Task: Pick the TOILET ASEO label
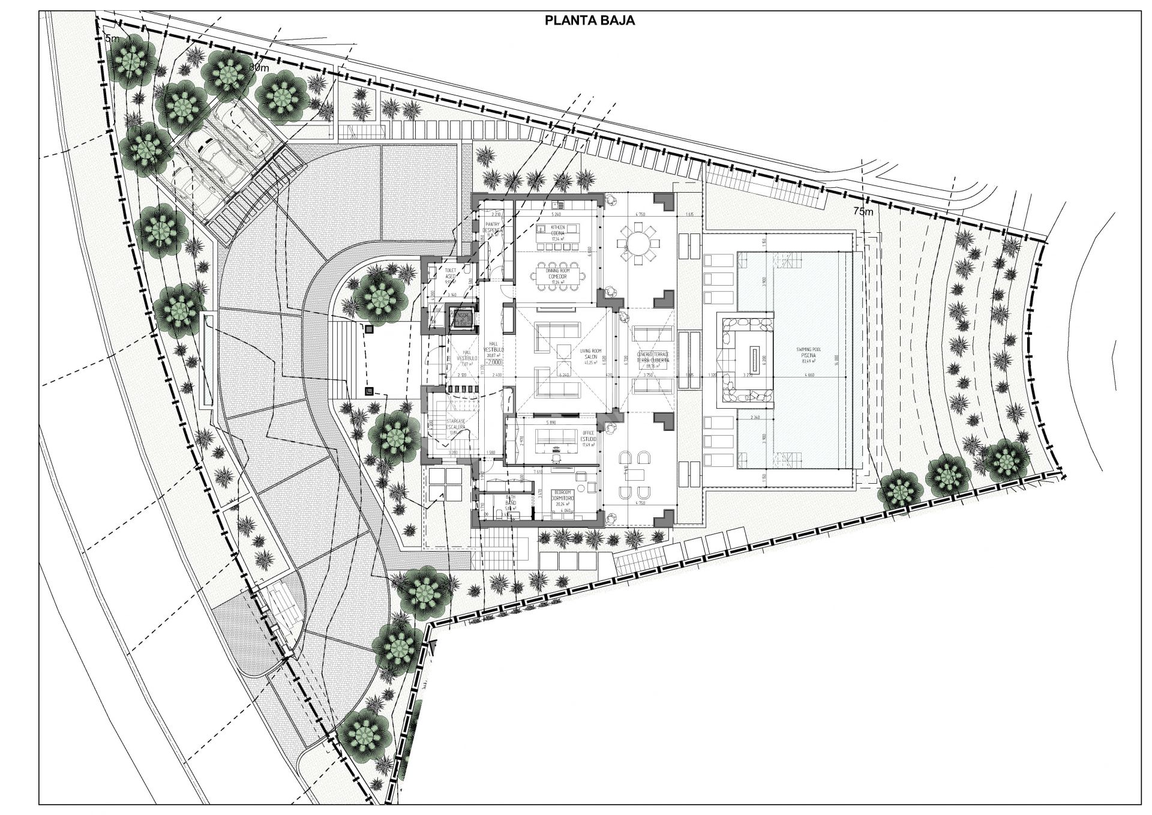pos(450,274)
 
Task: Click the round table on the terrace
pos(638,245)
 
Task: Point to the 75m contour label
pos(865,211)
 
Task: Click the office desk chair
pos(557,457)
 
